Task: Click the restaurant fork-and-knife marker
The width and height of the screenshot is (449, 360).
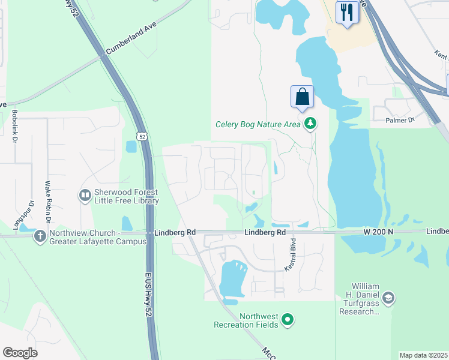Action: (x=347, y=13)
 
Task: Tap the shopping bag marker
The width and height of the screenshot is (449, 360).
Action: (x=302, y=97)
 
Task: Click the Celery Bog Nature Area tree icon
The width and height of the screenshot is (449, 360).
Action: (x=310, y=124)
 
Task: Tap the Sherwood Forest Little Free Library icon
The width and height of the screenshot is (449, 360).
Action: (x=85, y=196)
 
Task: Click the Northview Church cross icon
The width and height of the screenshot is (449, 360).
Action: (x=40, y=236)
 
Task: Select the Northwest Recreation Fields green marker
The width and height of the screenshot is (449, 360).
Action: (x=288, y=320)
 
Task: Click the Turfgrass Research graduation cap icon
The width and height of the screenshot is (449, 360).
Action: (x=388, y=298)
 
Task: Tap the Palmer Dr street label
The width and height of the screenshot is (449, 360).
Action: (x=400, y=120)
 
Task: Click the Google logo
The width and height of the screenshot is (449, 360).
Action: (x=20, y=352)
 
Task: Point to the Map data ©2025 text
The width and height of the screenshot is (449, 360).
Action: (x=424, y=355)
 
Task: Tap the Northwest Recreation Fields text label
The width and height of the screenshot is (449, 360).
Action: (x=246, y=320)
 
